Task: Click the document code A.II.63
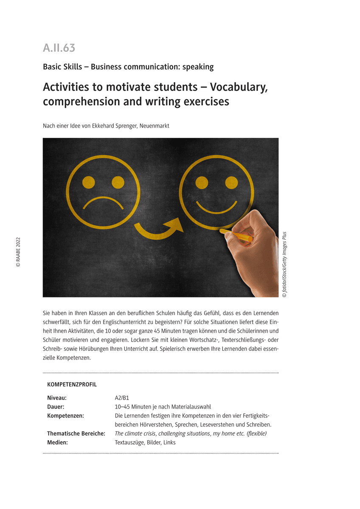[x=59, y=48]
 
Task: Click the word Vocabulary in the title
[x=239, y=87]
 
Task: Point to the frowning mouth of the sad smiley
[x=103, y=202]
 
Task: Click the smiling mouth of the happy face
[x=216, y=207]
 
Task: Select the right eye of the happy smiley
[x=231, y=182]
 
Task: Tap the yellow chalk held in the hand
[x=239, y=235]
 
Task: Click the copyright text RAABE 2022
[x=18, y=252]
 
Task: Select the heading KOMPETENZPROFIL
[x=72, y=385]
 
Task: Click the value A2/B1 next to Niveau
[x=122, y=398]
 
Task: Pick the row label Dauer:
[x=56, y=407]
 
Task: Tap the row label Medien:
[x=57, y=442]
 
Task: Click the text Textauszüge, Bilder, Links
[x=145, y=442]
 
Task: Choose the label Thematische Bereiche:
[x=76, y=433]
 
